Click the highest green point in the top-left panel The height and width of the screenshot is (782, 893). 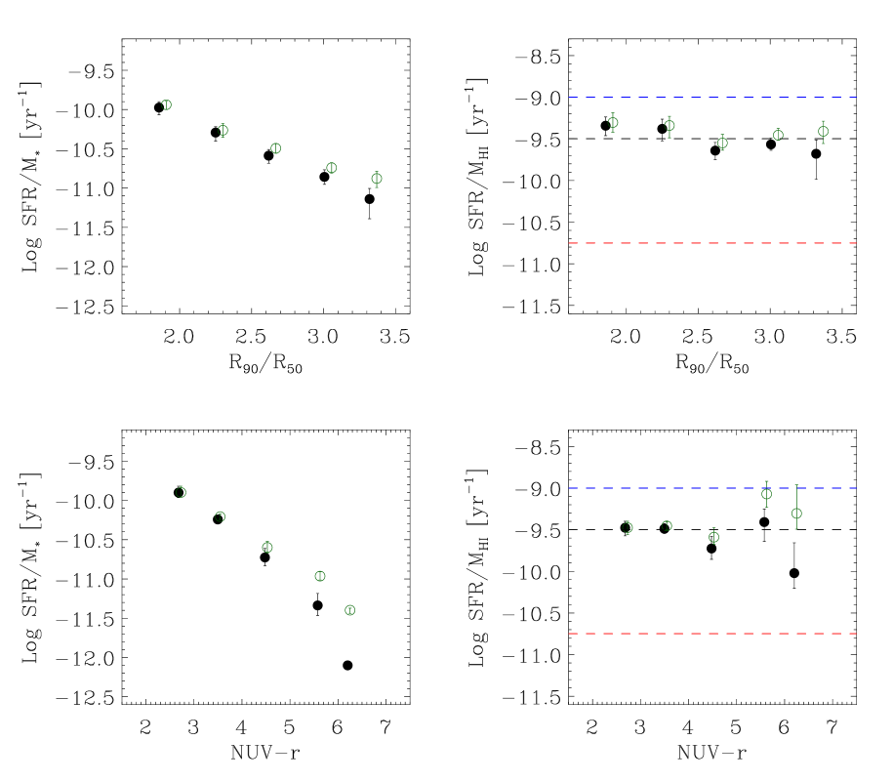tap(166, 104)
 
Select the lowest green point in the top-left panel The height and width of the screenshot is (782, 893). tap(377, 179)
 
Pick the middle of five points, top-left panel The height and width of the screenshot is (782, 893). tap(275, 148)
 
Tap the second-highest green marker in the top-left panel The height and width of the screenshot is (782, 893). tap(223, 130)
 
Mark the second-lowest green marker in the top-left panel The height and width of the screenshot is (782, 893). tap(331, 168)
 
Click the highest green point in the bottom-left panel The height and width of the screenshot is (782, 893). tap(181, 492)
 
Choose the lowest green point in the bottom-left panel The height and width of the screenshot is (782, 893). tap(349, 610)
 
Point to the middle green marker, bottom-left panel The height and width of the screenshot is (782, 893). tap(267, 548)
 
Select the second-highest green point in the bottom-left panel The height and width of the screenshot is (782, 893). tap(220, 516)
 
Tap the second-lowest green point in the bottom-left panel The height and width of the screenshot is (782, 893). tap(319, 576)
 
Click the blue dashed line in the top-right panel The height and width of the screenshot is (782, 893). tap(712, 97)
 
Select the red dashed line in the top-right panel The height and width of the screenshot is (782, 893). tap(712, 243)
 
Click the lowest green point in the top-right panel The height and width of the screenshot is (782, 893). tap(722, 143)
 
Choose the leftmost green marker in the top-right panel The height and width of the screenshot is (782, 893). tap(613, 122)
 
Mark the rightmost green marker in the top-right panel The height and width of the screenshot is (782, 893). tap(823, 131)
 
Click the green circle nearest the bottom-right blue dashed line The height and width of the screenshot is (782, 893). tap(766, 494)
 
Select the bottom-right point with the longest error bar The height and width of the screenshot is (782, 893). tap(796, 514)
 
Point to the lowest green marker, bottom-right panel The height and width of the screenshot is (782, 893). tap(713, 537)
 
